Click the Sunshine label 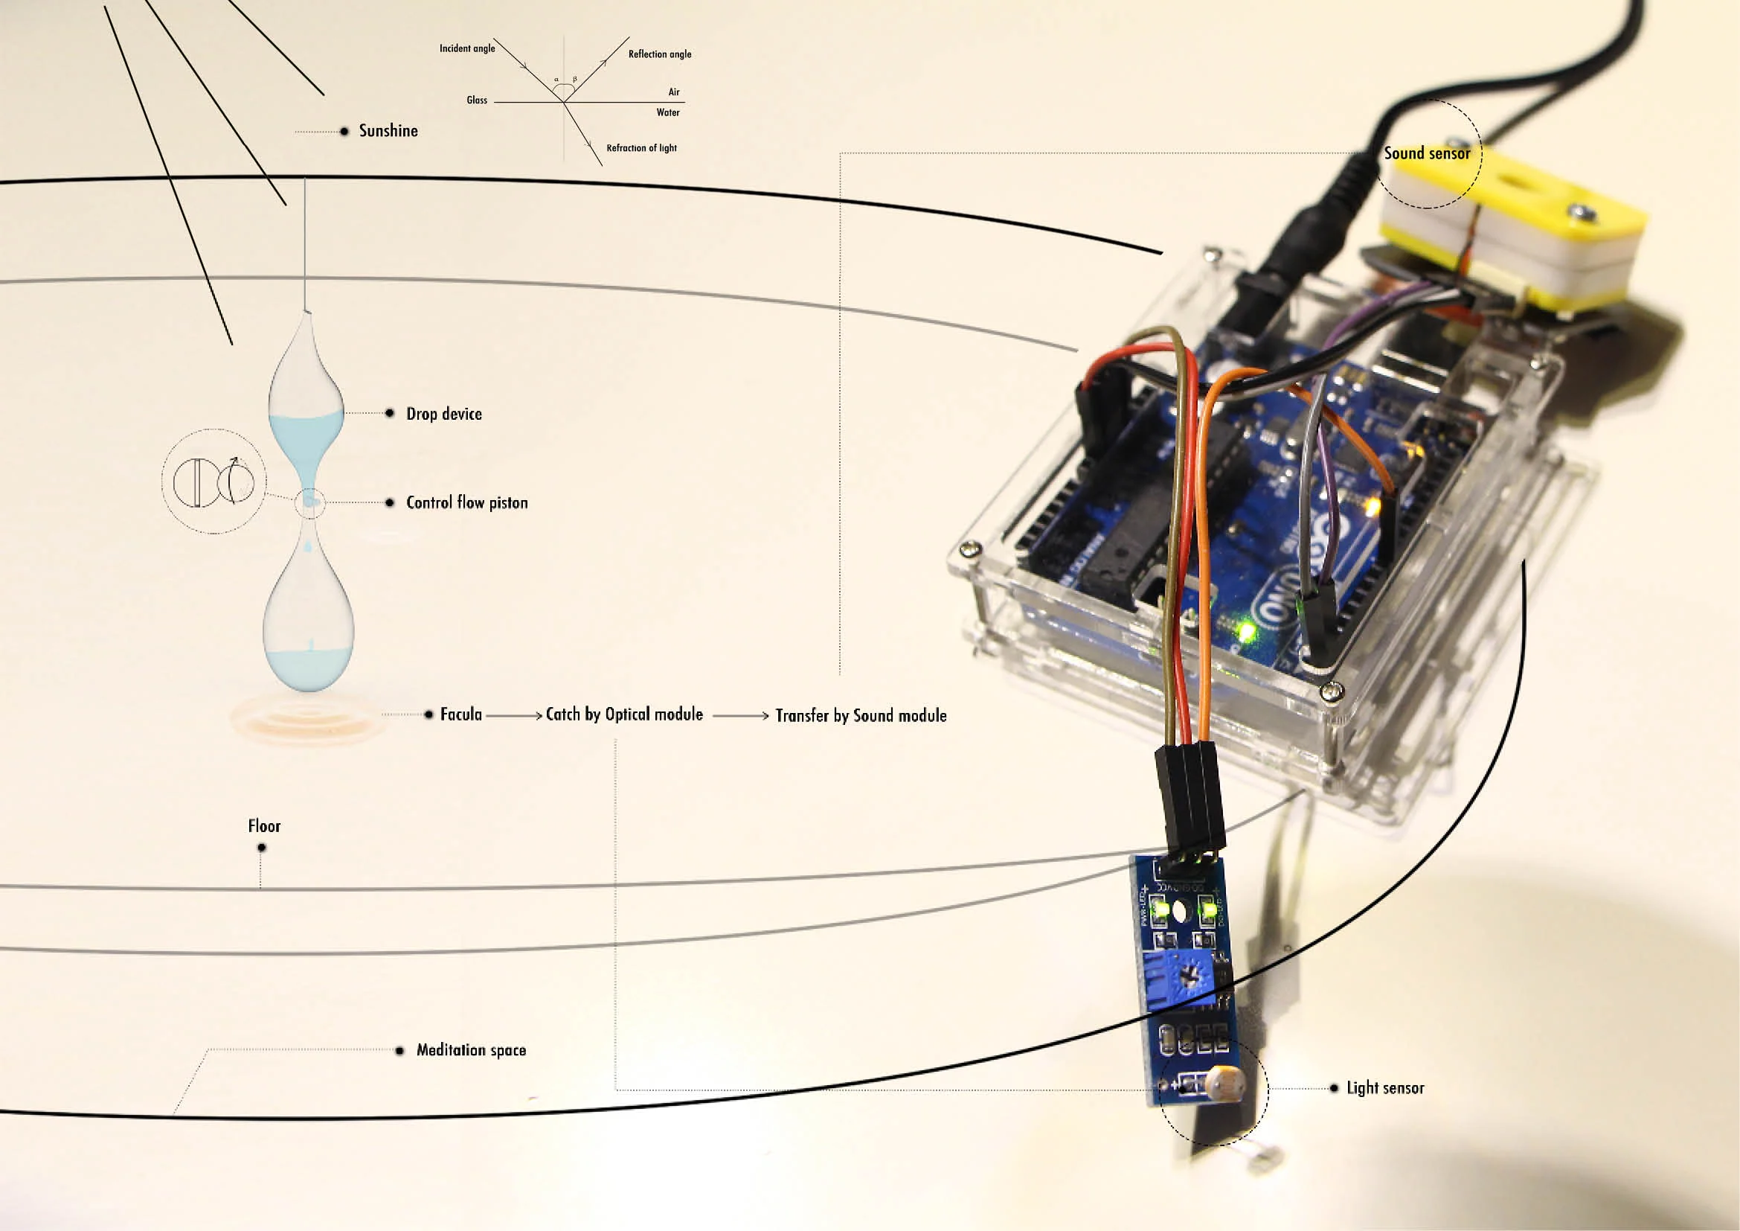388,131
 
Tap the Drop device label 444,414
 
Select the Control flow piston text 467,502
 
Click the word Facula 460,714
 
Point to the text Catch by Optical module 623,714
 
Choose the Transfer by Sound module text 861,715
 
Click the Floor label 264,826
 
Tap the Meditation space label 471,1050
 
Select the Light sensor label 1385,1089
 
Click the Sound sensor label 1426,154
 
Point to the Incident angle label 467,48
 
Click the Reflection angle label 659,54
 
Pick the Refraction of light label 641,148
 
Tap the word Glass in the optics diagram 477,100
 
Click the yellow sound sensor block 1508,228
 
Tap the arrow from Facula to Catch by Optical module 514,714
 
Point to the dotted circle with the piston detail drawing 214,482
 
